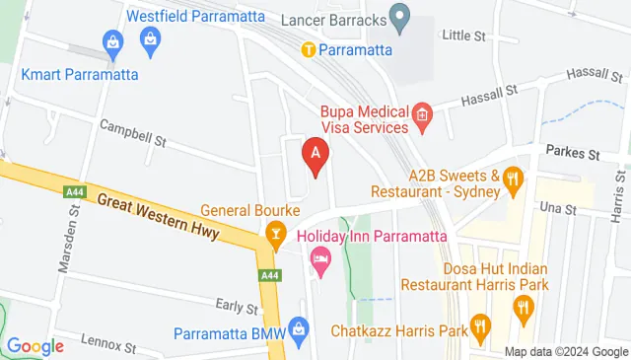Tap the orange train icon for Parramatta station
tap(308, 49)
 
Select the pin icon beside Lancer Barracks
tap(399, 17)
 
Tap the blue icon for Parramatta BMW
tap(300, 331)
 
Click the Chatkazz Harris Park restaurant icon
tap(480, 326)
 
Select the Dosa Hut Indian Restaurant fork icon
tap(524, 311)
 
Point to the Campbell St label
tap(132, 133)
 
